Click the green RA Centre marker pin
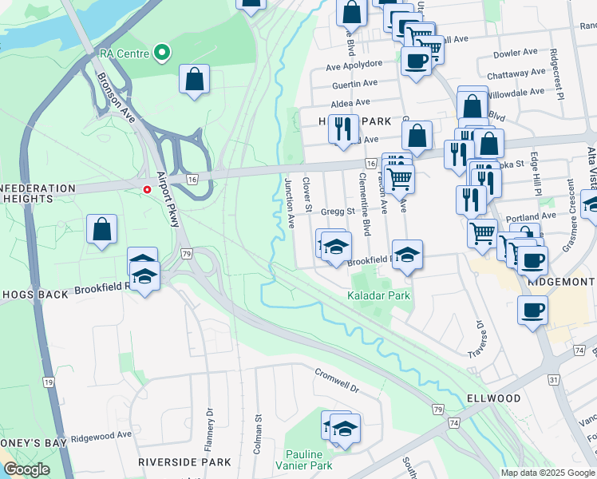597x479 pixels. [162, 53]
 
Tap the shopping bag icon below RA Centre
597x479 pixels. [194, 79]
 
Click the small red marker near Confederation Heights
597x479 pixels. [147, 189]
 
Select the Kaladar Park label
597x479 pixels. [378, 295]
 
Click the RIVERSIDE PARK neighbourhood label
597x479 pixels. [184, 462]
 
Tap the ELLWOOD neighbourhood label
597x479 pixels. [493, 398]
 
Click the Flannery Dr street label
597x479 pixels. [210, 426]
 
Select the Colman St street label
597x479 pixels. [258, 433]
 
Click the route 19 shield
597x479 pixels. [49, 382]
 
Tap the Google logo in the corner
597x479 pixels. [26, 469]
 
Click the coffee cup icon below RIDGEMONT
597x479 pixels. [532, 311]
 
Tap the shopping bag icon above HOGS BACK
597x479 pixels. [102, 230]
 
